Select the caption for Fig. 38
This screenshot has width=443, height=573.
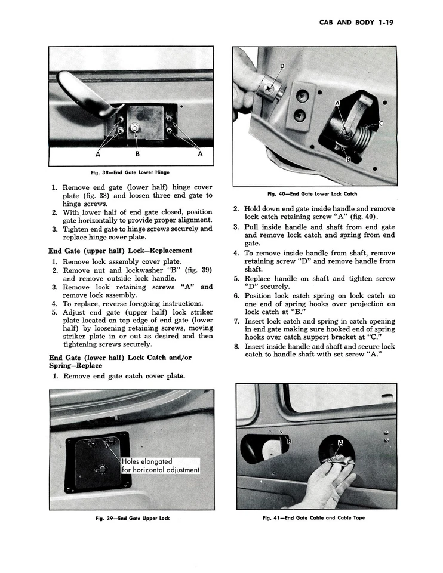pos(130,173)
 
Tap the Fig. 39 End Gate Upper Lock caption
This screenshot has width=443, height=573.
pos(133,518)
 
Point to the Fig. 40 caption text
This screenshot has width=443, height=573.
pos(312,193)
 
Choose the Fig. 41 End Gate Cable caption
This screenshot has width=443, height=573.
pos(313,517)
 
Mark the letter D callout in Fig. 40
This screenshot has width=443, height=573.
pos(282,66)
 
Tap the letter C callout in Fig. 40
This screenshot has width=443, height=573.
pos(380,124)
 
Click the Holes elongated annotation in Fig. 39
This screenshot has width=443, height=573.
pos(160,466)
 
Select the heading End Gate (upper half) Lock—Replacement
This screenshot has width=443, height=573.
pos(120,251)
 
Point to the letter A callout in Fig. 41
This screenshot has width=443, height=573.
pos(340,443)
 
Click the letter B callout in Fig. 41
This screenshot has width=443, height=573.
pos(289,441)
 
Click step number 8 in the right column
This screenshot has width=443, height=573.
pos(236,346)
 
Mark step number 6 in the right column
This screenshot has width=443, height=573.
pos(236,296)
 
